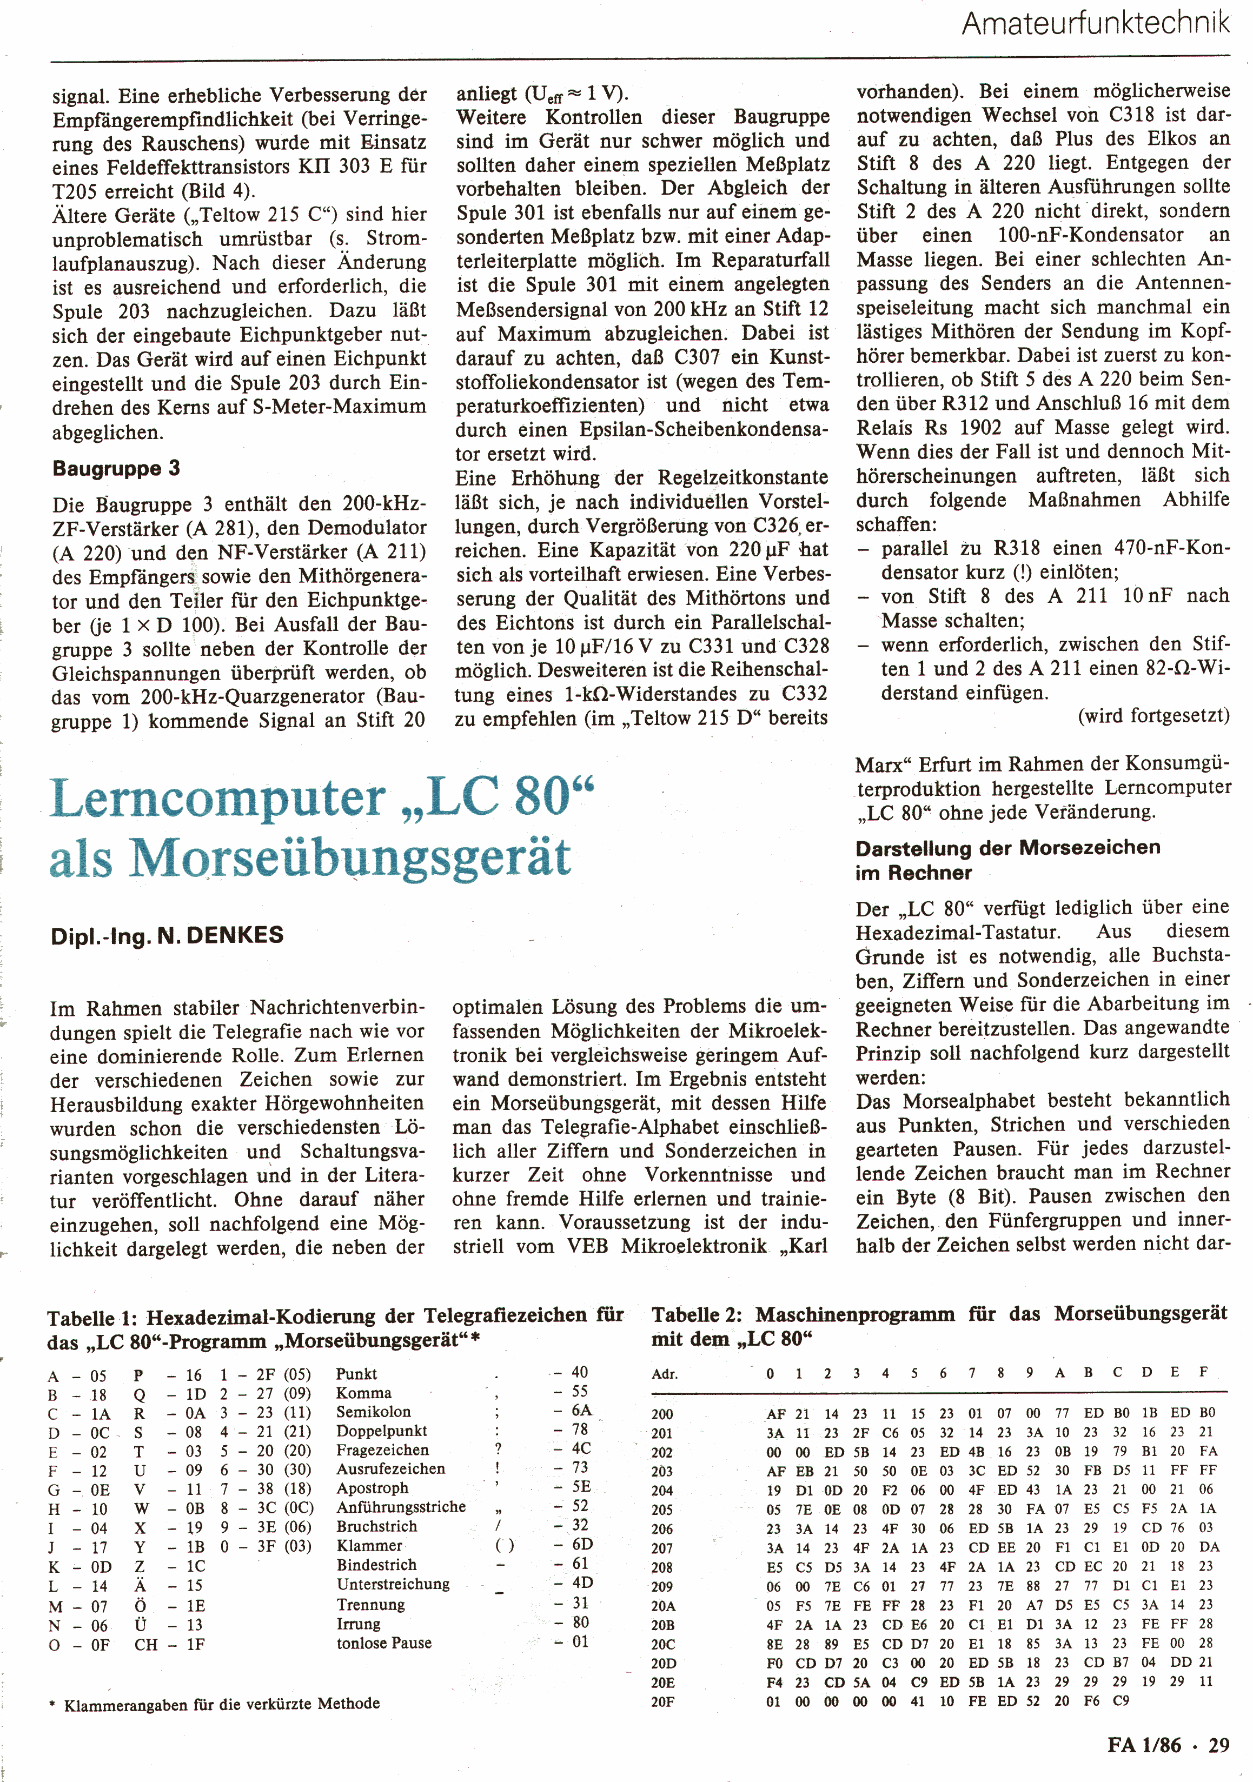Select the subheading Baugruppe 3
point(116,469)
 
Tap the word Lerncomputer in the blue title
point(218,799)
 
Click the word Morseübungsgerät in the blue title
point(350,859)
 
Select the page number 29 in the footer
point(1219,1746)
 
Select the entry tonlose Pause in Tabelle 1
point(383,1643)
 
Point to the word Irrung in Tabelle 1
point(359,1624)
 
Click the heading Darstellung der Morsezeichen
point(1007,848)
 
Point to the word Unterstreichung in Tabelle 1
point(393,1584)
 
